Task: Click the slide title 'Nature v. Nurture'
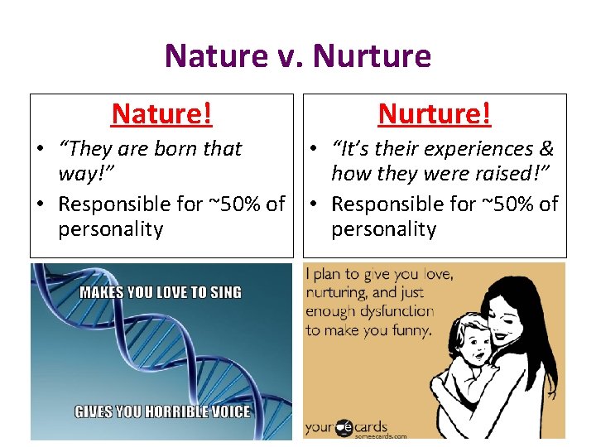(298, 56)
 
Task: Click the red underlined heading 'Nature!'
(161, 113)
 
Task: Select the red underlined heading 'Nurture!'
(435, 113)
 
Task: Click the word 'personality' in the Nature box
(110, 229)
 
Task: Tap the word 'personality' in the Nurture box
(383, 229)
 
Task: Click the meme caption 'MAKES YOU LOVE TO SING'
(161, 292)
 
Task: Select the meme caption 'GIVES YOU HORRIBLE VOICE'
(162, 411)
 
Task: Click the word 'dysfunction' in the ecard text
(393, 311)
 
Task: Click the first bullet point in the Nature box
(40, 150)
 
